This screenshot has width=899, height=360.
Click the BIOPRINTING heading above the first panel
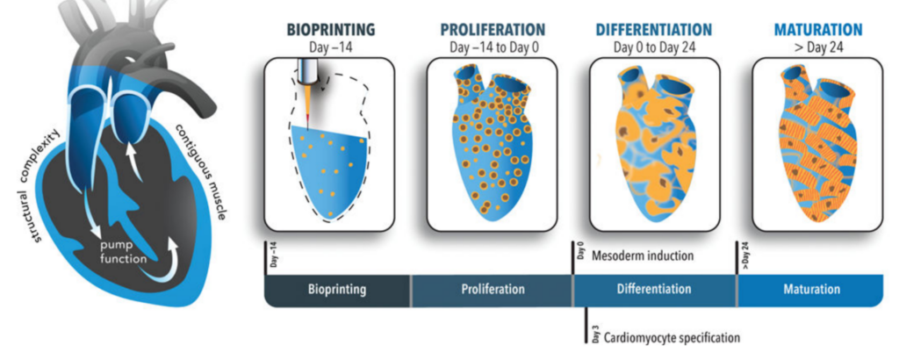click(331, 29)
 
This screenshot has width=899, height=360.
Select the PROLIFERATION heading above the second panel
click(493, 29)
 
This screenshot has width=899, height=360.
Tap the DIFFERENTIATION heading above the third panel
click(653, 29)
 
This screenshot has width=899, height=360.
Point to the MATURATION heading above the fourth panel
click(818, 29)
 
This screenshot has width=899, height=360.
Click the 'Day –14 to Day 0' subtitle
click(493, 47)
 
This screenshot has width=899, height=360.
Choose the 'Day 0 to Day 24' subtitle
click(654, 47)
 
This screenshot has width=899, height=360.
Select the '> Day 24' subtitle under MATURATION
click(818, 47)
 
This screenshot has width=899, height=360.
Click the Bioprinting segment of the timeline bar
click(337, 290)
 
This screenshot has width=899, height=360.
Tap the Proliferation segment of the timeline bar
click(493, 290)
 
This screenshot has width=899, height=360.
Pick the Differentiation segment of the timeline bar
click(655, 290)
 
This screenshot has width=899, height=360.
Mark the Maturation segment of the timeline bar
click(810, 290)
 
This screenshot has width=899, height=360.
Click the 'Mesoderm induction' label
click(642, 256)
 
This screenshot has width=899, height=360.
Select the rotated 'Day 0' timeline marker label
click(581, 252)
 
